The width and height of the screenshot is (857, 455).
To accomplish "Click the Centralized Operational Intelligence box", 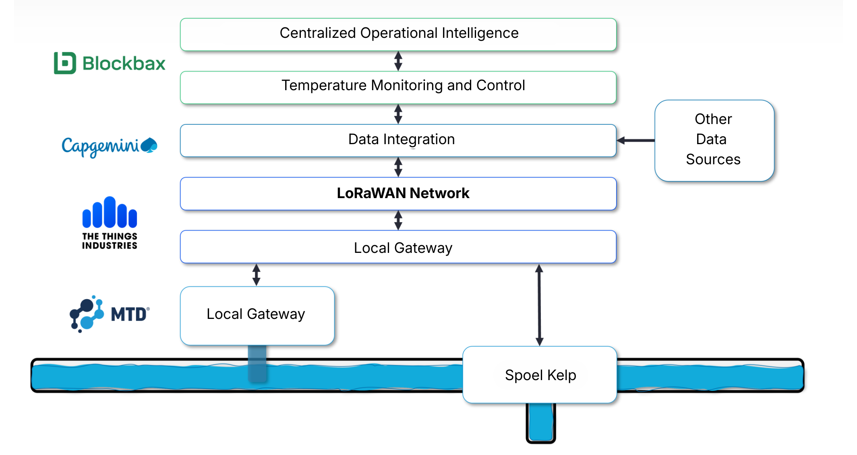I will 398,34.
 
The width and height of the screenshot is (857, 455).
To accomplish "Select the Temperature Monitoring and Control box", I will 398,87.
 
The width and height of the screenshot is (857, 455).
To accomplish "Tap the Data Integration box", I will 398,140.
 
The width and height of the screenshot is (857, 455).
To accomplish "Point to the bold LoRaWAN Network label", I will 403,193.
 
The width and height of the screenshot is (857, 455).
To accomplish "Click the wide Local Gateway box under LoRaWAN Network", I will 398,247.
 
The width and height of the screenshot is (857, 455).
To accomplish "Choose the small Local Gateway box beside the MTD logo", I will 257,315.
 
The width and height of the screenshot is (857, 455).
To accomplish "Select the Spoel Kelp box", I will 540,374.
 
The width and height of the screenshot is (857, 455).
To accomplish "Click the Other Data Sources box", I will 714,140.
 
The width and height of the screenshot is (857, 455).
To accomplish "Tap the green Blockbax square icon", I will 65,63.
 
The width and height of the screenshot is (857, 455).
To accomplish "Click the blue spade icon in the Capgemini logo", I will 149,145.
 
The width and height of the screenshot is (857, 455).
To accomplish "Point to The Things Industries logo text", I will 110,241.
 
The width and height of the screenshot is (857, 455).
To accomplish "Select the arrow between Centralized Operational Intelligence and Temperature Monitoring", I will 398,61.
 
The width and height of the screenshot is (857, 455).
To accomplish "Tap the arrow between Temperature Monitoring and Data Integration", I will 398,114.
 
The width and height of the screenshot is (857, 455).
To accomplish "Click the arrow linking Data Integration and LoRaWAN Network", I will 398,167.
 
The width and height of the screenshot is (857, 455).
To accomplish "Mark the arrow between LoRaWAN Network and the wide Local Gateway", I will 398,220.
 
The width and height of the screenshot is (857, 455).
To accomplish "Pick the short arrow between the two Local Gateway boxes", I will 257,275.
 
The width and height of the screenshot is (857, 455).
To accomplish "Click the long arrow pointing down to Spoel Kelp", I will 539,305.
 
